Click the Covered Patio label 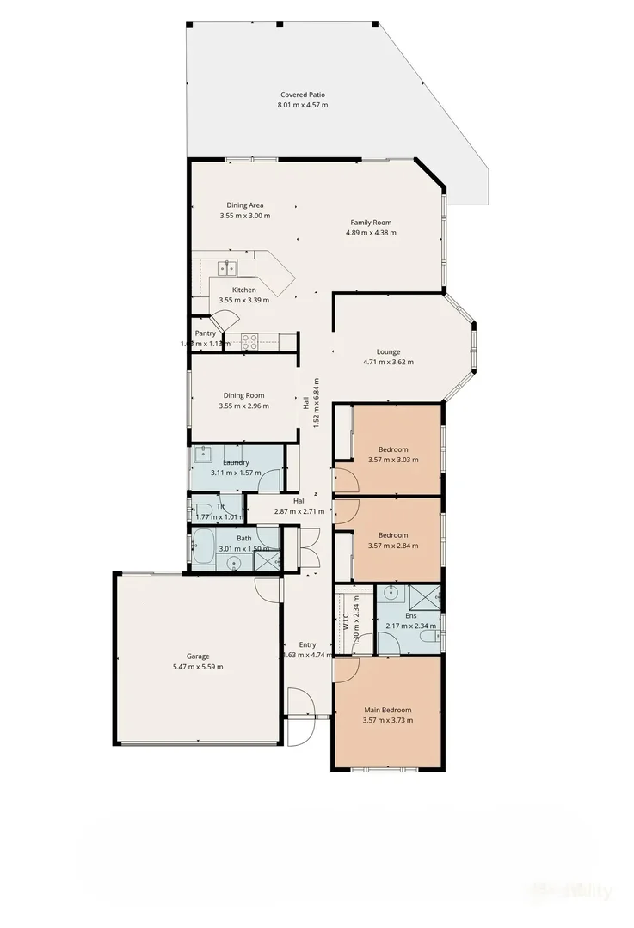302,95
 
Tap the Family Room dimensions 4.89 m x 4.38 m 371,233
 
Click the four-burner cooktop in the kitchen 249,339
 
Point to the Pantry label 205,333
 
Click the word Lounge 388,351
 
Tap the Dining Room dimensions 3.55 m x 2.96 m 243,406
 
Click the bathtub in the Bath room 204,546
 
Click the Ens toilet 437,633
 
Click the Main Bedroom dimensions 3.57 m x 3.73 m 387,720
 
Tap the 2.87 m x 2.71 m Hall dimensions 299,511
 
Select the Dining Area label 244,205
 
